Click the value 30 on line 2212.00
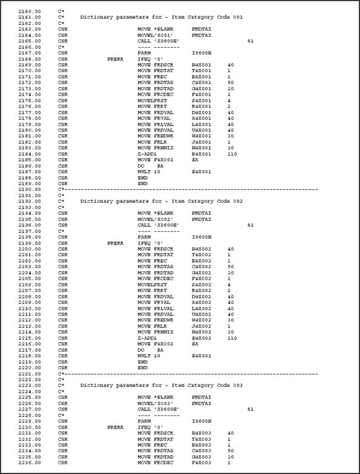(x=231, y=320)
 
